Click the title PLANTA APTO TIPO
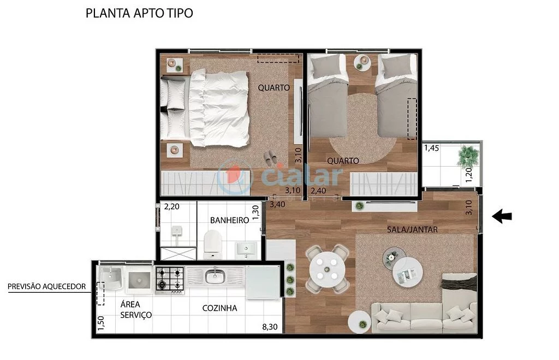139,14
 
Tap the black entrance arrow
502,217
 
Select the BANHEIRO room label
229,220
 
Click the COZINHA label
219,308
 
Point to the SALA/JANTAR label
412,229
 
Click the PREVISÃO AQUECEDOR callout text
46,286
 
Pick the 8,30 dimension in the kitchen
270,328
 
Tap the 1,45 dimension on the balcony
431,147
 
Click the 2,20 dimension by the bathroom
172,206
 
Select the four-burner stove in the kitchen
170,279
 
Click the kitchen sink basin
214,276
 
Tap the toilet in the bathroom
212,244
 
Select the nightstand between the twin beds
362,62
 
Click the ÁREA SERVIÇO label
136,310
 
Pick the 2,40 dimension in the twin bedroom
319,191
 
